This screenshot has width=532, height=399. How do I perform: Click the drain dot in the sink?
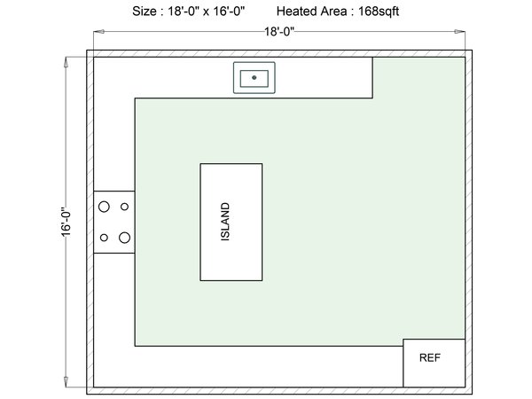pyautogui.click(x=254, y=78)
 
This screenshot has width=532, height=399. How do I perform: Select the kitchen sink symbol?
pyautogui.click(x=254, y=78)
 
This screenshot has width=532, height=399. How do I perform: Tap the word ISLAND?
pyautogui.click(x=226, y=223)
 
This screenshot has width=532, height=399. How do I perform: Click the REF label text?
pyautogui.click(x=429, y=358)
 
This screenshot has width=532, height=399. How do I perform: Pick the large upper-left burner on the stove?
pyautogui.click(x=104, y=207)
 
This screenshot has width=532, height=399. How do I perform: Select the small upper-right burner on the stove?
pyautogui.click(x=124, y=207)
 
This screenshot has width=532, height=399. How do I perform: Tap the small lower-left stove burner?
pyautogui.click(x=105, y=237)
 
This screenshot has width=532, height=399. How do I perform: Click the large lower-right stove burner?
pyautogui.click(x=124, y=237)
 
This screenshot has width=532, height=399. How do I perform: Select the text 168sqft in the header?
pyautogui.click(x=375, y=12)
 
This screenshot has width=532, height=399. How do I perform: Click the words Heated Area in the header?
pyautogui.click(x=309, y=12)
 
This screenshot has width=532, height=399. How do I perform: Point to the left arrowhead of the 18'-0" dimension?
pyautogui.click(x=95, y=31)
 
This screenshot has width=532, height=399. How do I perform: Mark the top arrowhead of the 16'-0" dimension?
pyautogui.click(x=66, y=61)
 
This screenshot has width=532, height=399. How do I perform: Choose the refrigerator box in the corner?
pyautogui.click(x=434, y=363)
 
